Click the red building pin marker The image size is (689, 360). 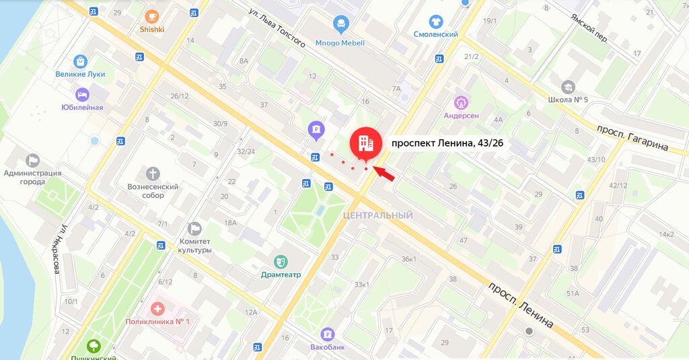pyautogui.click(x=365, y=143)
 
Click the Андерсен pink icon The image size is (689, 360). pyautogui.click(x=462, y=102)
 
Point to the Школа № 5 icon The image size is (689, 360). pyautogui.click(x=569, y=87)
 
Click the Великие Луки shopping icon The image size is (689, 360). pyautogui.click(x=81, y=61)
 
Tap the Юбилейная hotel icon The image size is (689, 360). pyautogui.click(x=82, y=94)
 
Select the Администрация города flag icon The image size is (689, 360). pyautogui.click(x=32, y=160)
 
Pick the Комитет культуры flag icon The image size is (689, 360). pyautogui.click(x=195, y=229)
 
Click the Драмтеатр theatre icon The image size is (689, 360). pyautogui.click(x=281, y=261)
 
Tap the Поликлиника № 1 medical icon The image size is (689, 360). pyautogui.click(x=158, y=309)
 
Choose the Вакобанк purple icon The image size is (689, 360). pyautogui.click(x=328, y=334)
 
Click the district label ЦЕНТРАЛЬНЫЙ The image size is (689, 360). pyautogui.click(x=377, y=215)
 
